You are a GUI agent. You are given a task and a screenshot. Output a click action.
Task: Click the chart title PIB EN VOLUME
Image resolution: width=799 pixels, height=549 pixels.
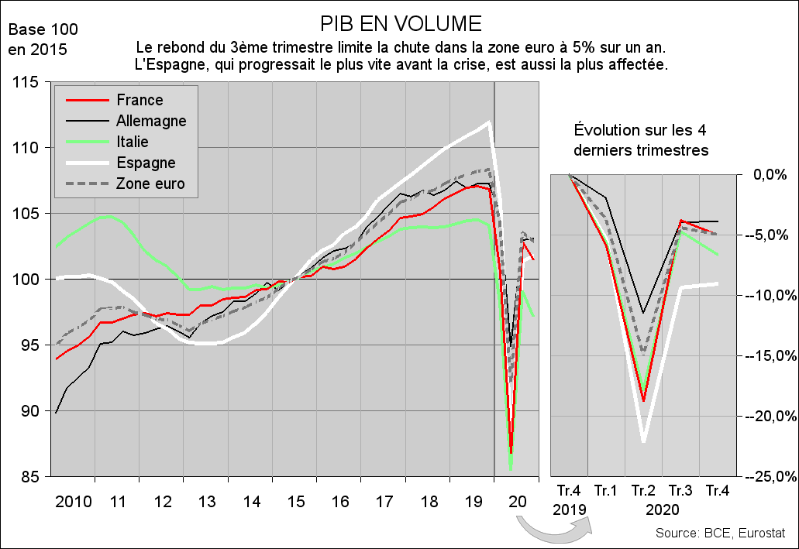click(x=400, y=22)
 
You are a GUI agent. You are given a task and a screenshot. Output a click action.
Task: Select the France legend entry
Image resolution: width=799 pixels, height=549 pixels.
click(x=139, y=100)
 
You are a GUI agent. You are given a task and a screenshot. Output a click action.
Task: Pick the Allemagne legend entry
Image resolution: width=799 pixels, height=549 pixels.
click(x=150, y=121)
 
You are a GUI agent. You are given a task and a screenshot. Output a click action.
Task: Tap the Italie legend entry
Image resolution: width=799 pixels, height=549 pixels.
click(x=132, y=142)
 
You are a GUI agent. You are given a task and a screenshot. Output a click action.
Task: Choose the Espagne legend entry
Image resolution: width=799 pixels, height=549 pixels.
click(x=145, y=163)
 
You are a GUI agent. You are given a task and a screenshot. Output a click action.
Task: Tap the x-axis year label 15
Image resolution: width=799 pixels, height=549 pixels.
click(x=294, y=501)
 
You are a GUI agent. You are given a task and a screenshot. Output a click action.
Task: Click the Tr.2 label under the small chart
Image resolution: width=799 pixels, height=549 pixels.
click(x=643, y=490)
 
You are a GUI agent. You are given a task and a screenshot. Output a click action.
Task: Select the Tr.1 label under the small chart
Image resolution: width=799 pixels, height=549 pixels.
click(x=606, y=490)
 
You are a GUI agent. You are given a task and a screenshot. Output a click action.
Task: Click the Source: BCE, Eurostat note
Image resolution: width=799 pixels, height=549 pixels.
click(x=720, y=534)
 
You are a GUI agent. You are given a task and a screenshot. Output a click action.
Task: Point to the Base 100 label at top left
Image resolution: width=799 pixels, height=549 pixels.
click(x=43, y=30)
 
